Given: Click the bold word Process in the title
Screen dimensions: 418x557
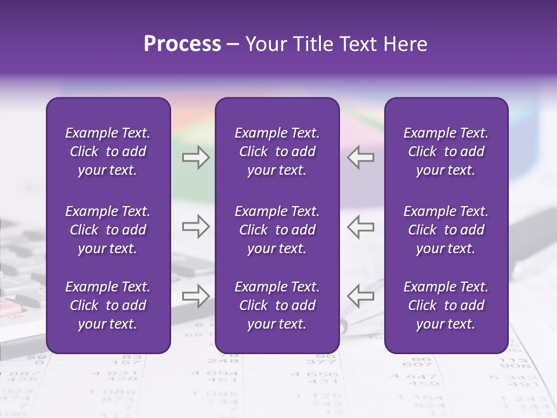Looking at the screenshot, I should coord(182,44).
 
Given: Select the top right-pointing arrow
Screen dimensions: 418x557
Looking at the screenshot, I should coord(196,157).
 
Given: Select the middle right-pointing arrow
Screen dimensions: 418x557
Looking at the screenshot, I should coord(196,226).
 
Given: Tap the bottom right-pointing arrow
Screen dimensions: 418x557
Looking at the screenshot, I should coord(196,296).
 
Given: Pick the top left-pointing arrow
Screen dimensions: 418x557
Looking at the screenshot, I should coord(360,157).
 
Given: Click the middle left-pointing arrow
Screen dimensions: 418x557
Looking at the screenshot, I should coord(360,226).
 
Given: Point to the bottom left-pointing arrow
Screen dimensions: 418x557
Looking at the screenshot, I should coord(360,296).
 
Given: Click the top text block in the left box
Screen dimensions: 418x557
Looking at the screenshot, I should coord(108,152).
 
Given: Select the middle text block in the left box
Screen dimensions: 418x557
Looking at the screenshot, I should coord(108,230).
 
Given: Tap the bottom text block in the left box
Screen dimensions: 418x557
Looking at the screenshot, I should coord(108,305).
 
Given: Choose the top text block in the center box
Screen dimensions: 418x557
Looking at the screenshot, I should coord(277,152).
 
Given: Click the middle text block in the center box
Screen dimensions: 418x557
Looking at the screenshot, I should coord(277,230).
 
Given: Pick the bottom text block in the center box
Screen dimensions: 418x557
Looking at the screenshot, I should coord(277,305).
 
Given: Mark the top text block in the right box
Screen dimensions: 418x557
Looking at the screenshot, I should coord(446,152).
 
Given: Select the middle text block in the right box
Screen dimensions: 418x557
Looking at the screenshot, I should coord(446,230).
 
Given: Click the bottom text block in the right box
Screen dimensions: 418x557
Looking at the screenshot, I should coord(446,305).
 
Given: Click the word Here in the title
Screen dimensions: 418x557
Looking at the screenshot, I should coord(406,44).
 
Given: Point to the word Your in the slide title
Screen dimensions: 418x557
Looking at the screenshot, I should coord(263,44).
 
